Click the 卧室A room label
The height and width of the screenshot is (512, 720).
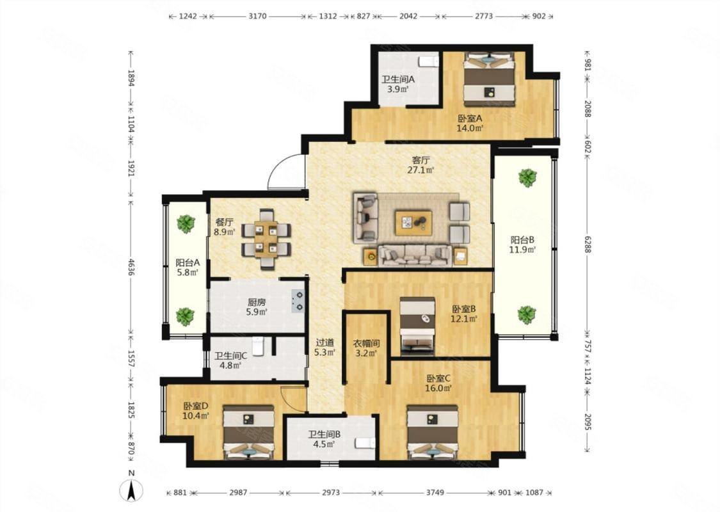click(x=470, y=118)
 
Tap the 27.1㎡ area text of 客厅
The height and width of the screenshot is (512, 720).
click(x=421, y=170)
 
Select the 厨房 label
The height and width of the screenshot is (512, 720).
click(x=257, y=303)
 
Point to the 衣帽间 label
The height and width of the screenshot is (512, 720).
click(x=367, y=344)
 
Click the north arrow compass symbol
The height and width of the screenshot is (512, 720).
click(x=131, y=491)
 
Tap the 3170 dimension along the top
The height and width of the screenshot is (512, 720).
click(x=257, y=16)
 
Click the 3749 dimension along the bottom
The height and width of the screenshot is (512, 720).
click(x=435, y=493)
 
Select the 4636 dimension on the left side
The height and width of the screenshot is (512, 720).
click(x=131, y=266)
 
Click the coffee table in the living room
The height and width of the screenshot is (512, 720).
click(x=413, y=223)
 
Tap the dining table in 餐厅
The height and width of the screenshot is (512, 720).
click(x=266, y=238)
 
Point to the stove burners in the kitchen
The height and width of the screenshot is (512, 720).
click(x=298, y=300)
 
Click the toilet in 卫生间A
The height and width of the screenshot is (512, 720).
click(x=428, y=61)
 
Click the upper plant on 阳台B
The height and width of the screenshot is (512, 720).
click(x=527, y=178)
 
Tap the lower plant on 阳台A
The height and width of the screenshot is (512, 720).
click(x=186, y=316)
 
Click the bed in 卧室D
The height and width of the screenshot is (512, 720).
click(x=248, y=432)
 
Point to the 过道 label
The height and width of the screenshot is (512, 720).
click(x=324, y=343)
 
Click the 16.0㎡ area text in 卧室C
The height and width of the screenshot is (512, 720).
click(x=438, y=388)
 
